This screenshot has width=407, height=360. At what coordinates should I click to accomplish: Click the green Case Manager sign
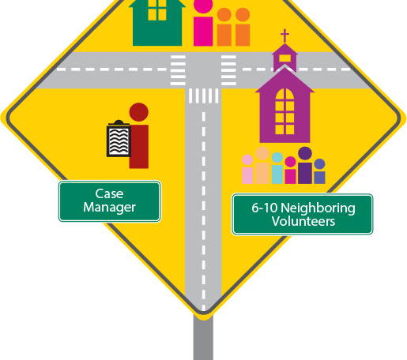(x=110, y=201)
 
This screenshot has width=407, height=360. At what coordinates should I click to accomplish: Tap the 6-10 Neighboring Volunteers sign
(x=302, y=214)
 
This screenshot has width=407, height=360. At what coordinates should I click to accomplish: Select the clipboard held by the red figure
(x=119, y=139)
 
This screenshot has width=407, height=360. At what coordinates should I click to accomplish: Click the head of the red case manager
(x=139, y=112)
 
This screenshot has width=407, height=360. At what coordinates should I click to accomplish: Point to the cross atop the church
(x=285, y=36)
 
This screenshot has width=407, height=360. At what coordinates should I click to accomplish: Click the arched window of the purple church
(x=285, y=111)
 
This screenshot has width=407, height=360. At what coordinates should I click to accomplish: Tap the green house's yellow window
(x=157, y=10)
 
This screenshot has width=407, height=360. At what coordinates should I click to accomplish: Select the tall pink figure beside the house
(x=203, y=23)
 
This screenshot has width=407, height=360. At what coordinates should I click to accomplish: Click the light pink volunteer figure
(x=247, y=169)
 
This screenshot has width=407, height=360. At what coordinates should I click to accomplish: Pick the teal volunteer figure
(x=277, y=168)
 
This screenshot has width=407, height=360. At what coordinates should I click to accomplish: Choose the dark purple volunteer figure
(x=305, y=165)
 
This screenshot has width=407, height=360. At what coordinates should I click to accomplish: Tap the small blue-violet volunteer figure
(x=319, y=171)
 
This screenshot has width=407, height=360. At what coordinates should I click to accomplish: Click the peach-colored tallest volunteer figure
(x=262, y=165)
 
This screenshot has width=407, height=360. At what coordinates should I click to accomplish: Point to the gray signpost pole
(x=203, y=338)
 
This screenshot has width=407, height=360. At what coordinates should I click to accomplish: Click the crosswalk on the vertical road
(x=203, y=96)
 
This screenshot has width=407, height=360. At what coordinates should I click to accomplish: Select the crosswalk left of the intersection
(x=178, y=70)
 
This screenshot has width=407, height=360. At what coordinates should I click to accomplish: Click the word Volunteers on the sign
(x=303, y=221)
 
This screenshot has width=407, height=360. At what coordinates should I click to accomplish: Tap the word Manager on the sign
(x=110, y=208)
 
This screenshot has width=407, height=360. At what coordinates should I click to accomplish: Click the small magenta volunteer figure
(x=290, y=171)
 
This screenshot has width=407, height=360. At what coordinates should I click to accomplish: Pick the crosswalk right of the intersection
(x=228, y=70)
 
